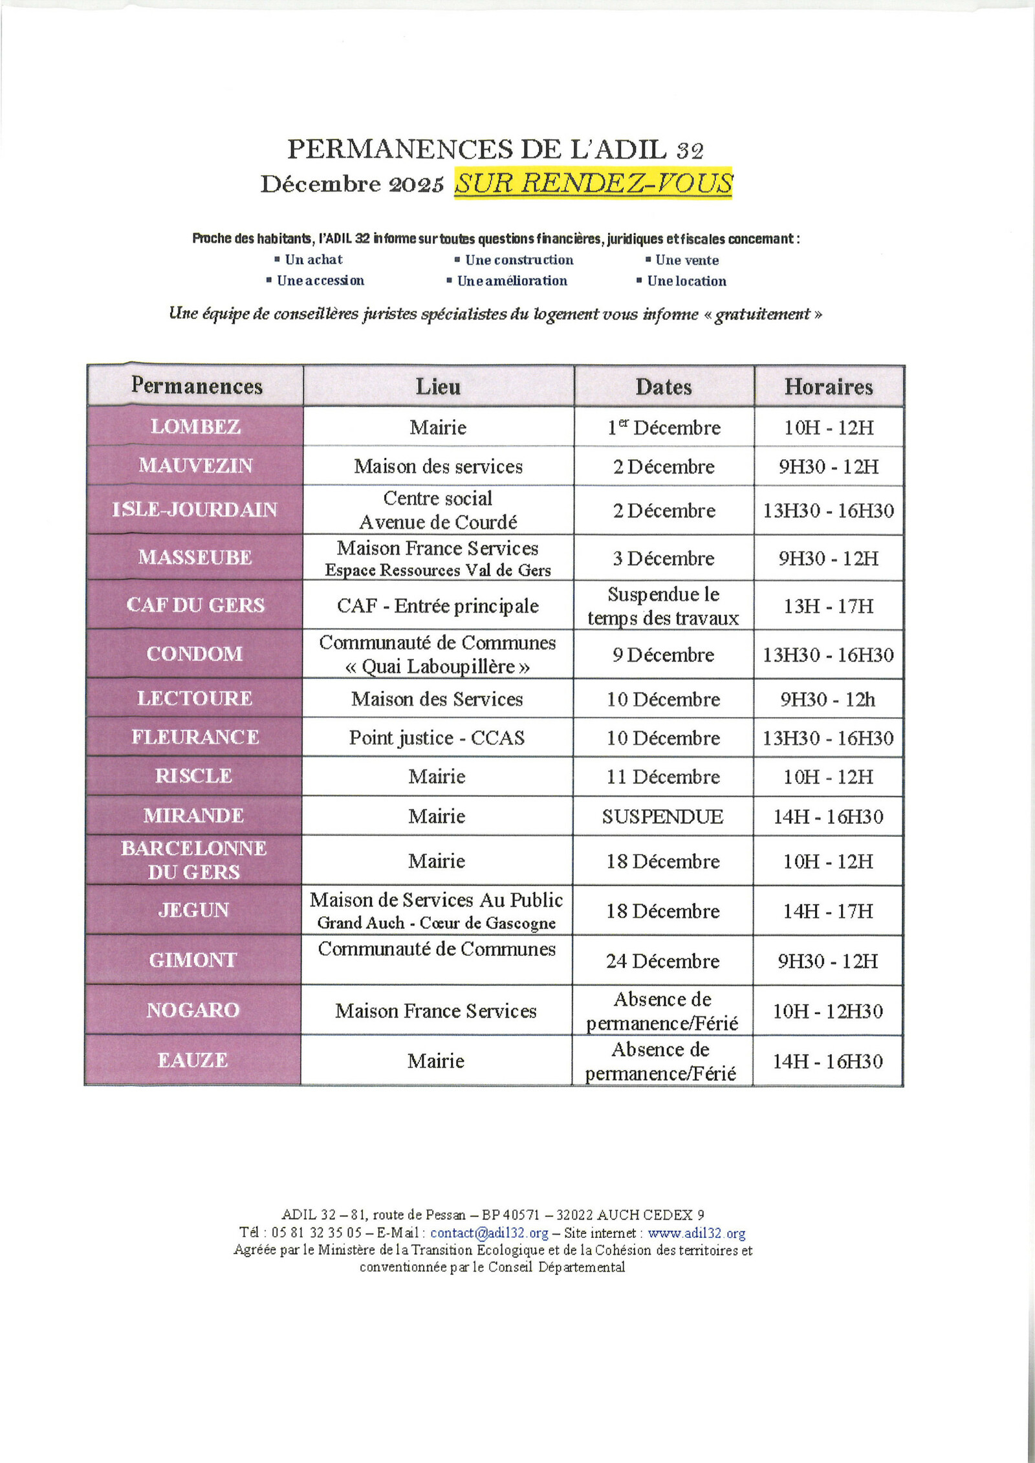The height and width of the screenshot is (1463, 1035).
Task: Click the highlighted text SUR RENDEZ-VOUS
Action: pos(593,183)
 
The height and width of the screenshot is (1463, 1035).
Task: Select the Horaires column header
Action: pos(828,387)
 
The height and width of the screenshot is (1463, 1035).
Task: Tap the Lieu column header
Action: pos(438,387)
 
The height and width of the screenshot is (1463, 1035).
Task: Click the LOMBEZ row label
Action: pos(195,427)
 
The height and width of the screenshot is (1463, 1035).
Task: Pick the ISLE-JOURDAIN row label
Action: pos(195,510)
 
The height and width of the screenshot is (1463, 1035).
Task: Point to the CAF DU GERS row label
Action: pos(195,605)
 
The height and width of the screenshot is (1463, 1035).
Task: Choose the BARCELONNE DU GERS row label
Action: pos(193,860)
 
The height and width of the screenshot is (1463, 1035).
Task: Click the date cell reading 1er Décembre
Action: pos(664,428)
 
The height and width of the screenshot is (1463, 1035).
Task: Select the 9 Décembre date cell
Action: pos(664,655)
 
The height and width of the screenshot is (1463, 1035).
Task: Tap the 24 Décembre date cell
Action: pos(662,961)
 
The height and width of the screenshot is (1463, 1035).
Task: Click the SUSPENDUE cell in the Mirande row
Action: pos(662,816)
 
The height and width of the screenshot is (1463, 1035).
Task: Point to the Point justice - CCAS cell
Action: pos(437,738)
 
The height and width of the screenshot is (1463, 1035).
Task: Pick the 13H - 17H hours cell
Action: pos(828,606)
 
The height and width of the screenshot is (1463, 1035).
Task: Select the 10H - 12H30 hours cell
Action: pos(827,1011)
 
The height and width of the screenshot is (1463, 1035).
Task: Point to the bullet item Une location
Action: pos(686,281)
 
